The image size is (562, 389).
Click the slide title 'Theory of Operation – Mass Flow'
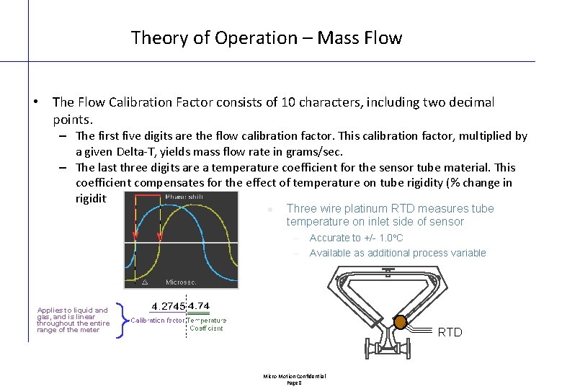(267, 37)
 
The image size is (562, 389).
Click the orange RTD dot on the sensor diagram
(400, 322)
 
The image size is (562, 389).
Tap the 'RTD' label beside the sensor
(450, 332)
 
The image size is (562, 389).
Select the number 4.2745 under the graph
(168, 306)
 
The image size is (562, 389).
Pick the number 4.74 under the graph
(199, 306)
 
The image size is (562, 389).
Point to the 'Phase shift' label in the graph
(184, 197)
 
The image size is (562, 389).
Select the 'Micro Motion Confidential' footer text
(294, 376)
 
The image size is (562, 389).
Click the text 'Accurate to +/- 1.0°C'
(356, 238)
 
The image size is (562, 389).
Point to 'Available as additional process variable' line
(398, 253)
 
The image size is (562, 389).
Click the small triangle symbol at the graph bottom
(146, 282)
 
